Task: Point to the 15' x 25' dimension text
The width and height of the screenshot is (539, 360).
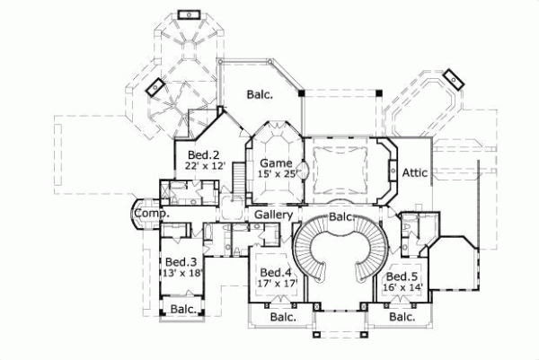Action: tap(276, 173)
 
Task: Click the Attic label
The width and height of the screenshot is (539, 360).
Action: tap(414, 172)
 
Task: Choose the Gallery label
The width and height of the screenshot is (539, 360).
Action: tap(273, 216)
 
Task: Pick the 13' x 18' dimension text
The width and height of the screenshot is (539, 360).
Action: tap(182, 274)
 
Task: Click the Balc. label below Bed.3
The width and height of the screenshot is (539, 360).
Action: tap(183, 310)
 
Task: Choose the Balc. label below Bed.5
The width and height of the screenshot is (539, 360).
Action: tap(401, 317)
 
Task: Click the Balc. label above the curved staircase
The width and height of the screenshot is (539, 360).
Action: tap(340, 217)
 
